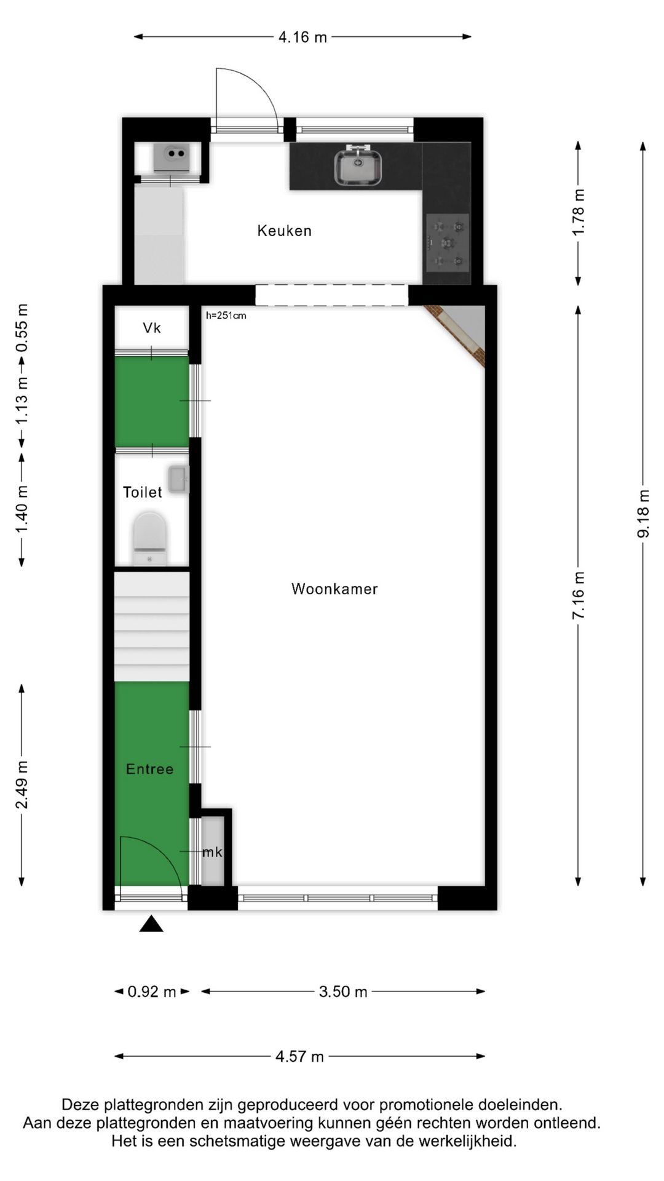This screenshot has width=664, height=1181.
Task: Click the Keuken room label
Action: [284, 231]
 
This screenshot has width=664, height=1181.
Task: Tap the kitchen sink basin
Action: [358, 168]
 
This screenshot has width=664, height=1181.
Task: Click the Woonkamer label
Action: [334, 589]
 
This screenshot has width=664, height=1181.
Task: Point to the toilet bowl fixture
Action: [150, 535]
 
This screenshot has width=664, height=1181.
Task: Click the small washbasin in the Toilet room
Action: [178, 479]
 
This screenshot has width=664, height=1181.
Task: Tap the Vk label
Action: [152, 328]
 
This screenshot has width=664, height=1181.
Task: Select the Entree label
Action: [149, 769]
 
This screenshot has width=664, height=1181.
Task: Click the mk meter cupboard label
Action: [212, 852]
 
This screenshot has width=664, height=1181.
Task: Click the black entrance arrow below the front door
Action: [151, 924]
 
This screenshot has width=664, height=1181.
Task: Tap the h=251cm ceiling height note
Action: [226, 316]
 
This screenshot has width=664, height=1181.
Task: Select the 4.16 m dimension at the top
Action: [302, 37]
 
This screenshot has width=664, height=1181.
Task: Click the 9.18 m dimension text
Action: [643, 514]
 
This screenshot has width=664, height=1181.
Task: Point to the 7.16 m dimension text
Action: [579, 595]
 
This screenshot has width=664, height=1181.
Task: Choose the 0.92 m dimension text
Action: [151, 992]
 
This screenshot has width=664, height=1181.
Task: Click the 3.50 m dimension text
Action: [342, 992]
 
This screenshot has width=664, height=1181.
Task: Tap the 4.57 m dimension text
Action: [299, 1057]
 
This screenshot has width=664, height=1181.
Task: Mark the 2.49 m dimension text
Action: [22, 785]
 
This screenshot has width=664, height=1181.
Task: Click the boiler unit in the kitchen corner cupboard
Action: [171, 157]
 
